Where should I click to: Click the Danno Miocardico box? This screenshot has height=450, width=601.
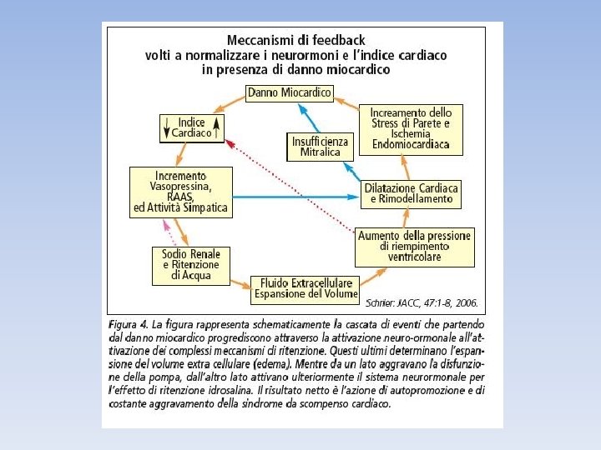tap(290, 92)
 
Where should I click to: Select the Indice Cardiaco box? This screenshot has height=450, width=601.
tap(192, 127)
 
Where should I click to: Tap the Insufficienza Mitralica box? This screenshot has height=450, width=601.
tap(320, 147)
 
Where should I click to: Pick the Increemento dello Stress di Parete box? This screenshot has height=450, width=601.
tap(411, 128)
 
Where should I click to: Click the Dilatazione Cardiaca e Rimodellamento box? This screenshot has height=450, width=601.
tap(412, 194)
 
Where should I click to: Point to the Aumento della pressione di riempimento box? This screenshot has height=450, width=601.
tap(414, 247)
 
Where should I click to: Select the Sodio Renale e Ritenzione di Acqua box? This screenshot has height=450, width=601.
tap(191, 264)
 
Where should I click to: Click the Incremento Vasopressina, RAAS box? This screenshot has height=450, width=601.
tap(179, 193)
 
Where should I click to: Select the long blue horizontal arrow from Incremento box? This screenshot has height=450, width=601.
tap(292, 197)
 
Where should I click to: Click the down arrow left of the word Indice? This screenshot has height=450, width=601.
tap(168, 127)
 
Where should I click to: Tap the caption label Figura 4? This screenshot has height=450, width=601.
tap(129, 322)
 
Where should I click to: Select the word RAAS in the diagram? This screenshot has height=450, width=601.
tap(179, 197)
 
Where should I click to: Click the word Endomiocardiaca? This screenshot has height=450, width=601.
tap(411, 145)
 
